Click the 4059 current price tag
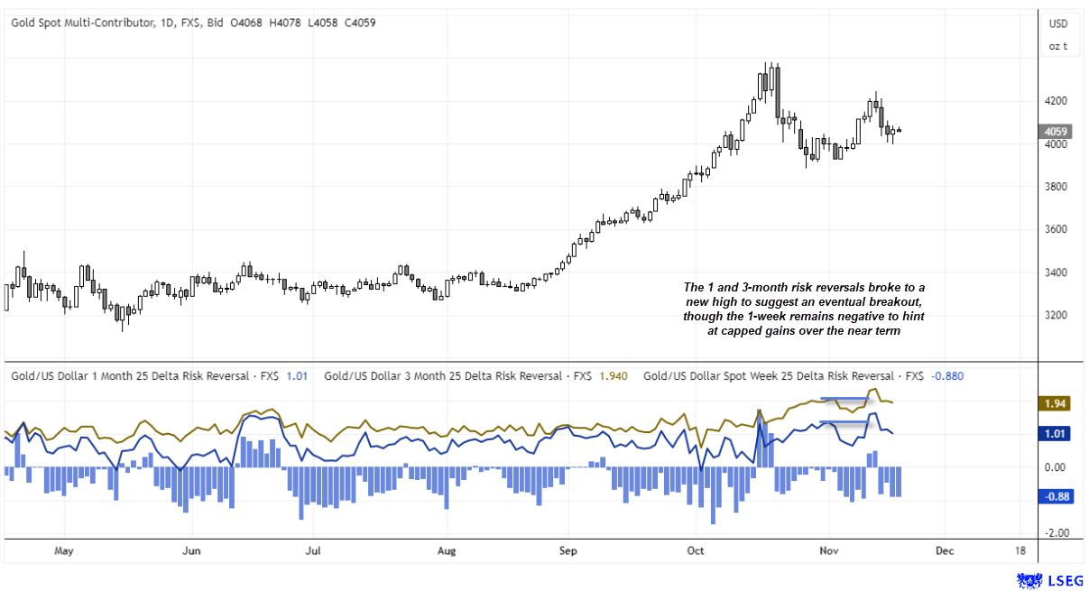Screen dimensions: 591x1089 (1057, 130)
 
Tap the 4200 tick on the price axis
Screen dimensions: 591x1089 (1057, 101)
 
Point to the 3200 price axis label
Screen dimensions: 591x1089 (1057, 316)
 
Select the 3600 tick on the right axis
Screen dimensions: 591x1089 (1057, 230)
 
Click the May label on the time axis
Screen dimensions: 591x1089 (63, 549)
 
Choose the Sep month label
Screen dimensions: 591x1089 (568, 549)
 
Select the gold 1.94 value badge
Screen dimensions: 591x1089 (1057, 403)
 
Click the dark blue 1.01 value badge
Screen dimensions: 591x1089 (1057, 434)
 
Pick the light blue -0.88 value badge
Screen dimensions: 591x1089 (1057, 495)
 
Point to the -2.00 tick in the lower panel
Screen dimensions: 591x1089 (1057, 533)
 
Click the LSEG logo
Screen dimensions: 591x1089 (1047, 578)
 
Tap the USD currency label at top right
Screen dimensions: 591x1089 (1057, 23)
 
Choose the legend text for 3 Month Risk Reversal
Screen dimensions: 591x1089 (441, 375)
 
